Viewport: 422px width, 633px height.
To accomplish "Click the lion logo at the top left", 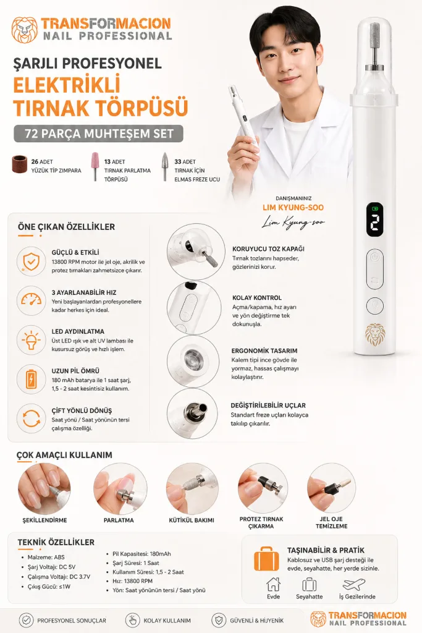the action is [x=24, y=30].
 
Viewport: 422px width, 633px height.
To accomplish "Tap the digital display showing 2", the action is [x=375, y=220].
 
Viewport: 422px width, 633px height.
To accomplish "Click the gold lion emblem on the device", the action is [x=375, y=334].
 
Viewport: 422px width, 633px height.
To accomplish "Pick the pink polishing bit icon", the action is [x=95, y=166].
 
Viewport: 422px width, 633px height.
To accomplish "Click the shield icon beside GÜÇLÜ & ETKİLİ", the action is [x=31, y=261].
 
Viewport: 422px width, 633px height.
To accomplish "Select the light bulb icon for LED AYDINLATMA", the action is [x=31, y=340].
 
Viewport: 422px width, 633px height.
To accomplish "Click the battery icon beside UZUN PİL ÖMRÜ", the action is [x=31, y=379].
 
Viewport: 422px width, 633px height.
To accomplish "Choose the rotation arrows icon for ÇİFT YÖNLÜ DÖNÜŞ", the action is [x=31, y=418].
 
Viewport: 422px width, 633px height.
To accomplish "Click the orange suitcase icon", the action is [x=266, y=559].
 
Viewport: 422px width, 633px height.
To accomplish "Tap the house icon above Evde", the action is [x=273, y=584].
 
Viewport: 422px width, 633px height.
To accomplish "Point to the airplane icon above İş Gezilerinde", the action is [x=353, y=584].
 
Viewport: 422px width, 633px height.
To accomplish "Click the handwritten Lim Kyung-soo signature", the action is [x=293, y=223].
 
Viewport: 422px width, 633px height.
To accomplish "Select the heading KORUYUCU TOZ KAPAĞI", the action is [x=268, y=249].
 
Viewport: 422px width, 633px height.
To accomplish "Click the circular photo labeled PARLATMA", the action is [x=119, y=488].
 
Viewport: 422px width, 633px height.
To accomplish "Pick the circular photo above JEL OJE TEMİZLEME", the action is [x=331, y=488].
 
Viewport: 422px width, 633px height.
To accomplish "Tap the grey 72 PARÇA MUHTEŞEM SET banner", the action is [x=98, y=134].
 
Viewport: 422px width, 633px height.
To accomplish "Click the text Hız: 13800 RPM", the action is [x=132, y=581].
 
